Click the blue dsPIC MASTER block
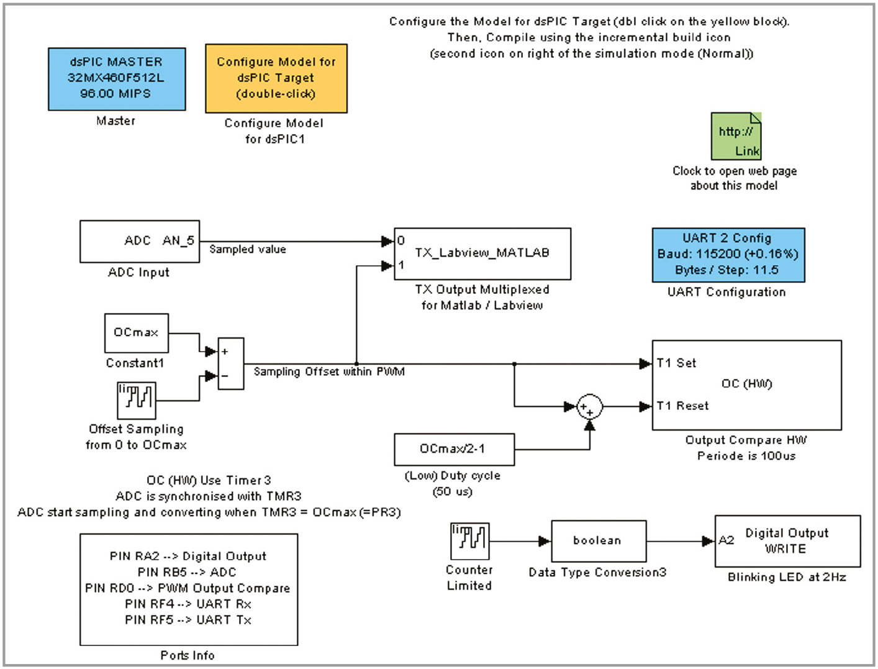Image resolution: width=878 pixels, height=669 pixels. (117, 79)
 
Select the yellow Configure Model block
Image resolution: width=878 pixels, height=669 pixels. (276, 78)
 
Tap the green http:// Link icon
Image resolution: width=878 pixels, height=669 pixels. (736, 137)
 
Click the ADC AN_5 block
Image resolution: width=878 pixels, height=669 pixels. (140, 241)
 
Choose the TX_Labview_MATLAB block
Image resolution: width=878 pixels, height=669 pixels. (482, 253)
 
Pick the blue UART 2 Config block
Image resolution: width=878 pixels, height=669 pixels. (728, 255)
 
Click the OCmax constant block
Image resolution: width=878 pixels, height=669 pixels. (136, 333)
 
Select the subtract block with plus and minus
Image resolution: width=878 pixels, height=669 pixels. (231, 363)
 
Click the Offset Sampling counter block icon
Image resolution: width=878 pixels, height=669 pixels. (137, 400)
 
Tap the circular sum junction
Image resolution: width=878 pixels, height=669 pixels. (589, 407)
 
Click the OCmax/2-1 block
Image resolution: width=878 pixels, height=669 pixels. (454, 449)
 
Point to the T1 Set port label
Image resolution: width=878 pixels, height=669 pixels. (677, 363)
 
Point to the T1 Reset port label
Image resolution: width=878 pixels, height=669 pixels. (683, 406)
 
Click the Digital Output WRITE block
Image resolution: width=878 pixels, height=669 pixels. (787, 541)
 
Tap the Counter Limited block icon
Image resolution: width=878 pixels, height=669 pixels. (469, 541)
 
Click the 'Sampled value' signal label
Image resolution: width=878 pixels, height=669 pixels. (248, 250)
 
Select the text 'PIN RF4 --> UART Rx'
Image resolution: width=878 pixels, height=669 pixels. (188, 604)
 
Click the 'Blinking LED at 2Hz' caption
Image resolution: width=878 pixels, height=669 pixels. (787, 577)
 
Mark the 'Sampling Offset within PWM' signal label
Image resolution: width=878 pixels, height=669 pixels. (329, 372)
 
